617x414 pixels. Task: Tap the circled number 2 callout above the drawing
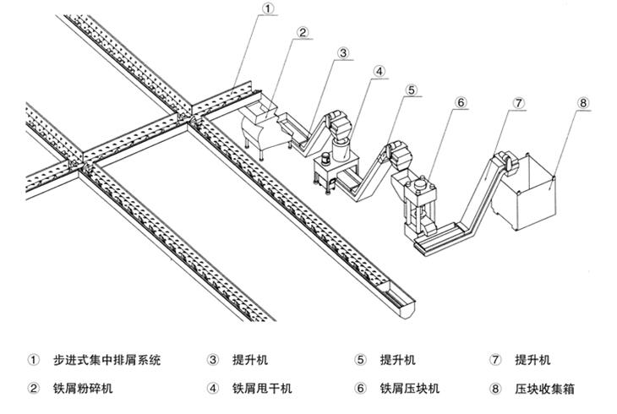pos(302,33)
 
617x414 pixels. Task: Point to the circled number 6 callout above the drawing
pos(460,103)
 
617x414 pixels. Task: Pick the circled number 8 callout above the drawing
pos(582,103)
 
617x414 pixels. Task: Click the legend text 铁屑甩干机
pos(263,389)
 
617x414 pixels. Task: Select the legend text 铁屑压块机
pos(410,389)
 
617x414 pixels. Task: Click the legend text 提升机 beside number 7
pos(532,360)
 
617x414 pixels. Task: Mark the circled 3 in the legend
pos(213,360)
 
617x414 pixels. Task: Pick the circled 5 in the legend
pos(360,360)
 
